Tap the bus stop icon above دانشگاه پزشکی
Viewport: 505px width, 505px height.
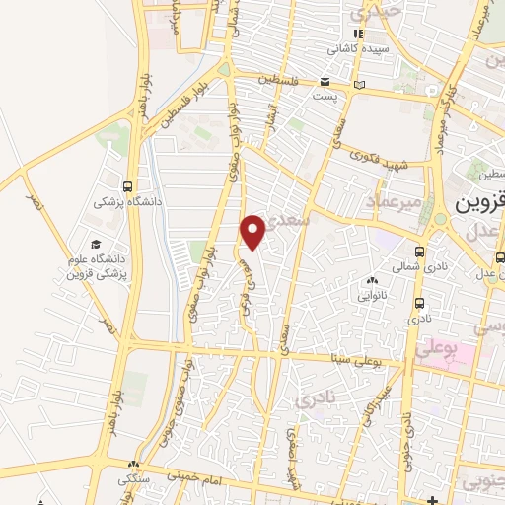coord(128,185)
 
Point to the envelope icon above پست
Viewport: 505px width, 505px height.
coord(325,83)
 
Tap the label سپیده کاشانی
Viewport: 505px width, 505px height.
coord(358,47)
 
